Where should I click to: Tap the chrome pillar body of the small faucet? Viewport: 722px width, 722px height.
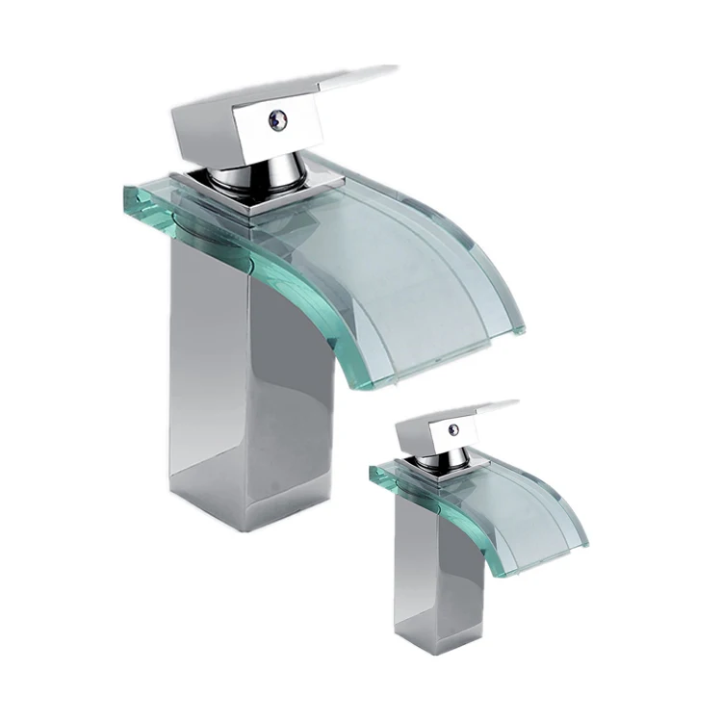(x=424, y=568)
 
